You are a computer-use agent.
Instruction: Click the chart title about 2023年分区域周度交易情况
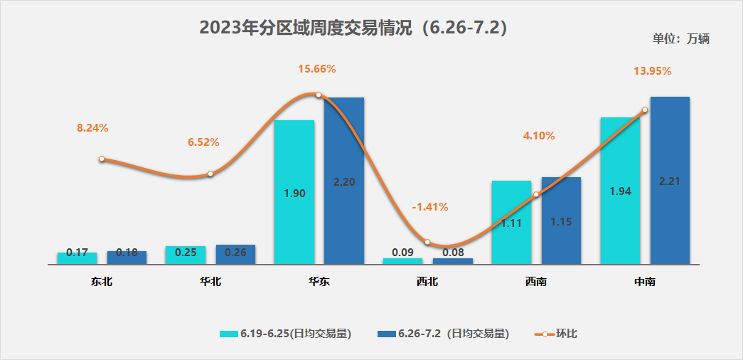point(353,28)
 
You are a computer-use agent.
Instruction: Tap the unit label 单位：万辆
point(680,39)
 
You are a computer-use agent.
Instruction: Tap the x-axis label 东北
point(102,282)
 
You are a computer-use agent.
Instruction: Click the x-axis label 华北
point(210,282)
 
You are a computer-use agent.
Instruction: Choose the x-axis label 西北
point(427,282)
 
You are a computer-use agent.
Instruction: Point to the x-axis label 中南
point(645,282)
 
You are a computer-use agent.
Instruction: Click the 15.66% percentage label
point(317,69)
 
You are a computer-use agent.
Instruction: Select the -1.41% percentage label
point(430,207)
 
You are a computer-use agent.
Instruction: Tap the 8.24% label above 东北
point(92,128)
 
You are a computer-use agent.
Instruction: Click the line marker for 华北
point(210,174)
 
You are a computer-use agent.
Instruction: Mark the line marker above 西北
point(427,242)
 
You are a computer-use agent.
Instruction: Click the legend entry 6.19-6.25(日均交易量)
point(286,334)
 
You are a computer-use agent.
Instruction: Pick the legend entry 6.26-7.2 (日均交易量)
point(444,334)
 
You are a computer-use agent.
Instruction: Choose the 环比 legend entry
point(558,334)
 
